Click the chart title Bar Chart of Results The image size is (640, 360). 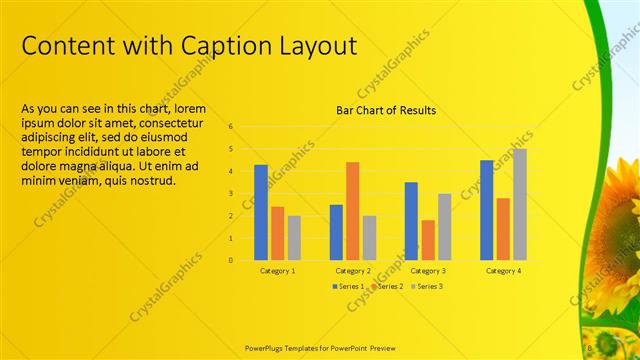[x=385, y=110]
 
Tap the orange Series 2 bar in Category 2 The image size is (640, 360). [x=352, y=210]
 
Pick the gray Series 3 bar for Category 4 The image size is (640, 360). [x=519, y=204]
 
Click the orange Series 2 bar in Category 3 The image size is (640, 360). [x=428, y=239]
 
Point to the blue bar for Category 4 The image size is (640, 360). [x=486, y=209]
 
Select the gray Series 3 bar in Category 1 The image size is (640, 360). [x=294, y=237]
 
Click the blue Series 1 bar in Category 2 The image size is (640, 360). [x=336, y=232]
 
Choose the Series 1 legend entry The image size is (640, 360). [x=349, y=286]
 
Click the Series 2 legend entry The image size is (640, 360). [x=388, y=286]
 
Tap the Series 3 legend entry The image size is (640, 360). [x=427, y=286]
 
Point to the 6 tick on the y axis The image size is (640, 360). [x=230, y=127]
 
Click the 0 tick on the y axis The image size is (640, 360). [x=230, y=260]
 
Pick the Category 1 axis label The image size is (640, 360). [x=277, y=271]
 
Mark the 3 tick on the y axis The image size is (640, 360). [x=230, y=194]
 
